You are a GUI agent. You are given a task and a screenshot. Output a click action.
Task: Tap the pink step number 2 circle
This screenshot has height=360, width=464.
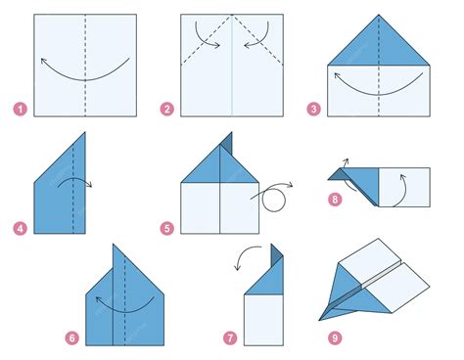(x=169, y=109)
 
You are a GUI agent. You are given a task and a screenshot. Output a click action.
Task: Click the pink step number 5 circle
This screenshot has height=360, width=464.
(x=169, y=229)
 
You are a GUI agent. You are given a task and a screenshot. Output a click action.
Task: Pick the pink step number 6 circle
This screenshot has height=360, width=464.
(x=71, y=337)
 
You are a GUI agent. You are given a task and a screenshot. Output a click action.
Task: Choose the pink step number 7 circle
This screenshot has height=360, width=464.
(x=229, y=337)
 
